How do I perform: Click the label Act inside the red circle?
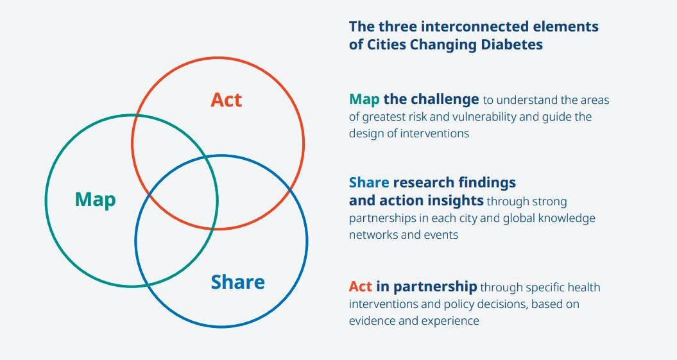click(x=227, y=100)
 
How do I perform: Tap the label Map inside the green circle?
click(x=95, y=200)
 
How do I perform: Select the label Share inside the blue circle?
click(x=237, y=282)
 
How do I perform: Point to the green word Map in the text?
click(x=364, y=99)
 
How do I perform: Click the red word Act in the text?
click(x=360, y=286)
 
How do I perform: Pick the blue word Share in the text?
click(x=369, y=183)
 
